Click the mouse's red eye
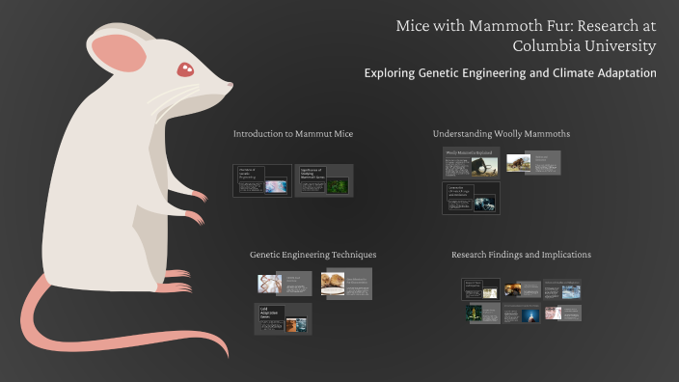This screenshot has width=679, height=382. (184, 68)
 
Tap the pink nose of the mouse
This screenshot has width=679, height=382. (229, 86)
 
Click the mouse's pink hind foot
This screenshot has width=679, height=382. (177, 286)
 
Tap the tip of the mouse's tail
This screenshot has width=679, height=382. (225, 355)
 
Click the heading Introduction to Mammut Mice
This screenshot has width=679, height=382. (293, 133)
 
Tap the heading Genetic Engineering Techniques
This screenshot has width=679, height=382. (312, 255)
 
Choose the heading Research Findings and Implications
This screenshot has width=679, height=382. (521, 255)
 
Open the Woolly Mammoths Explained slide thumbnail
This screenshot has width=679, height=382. (472, 163)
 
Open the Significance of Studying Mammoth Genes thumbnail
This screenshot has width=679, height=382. (323, 180)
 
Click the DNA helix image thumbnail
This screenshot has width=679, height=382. (269, 283)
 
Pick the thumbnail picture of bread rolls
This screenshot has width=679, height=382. (334, 283)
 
